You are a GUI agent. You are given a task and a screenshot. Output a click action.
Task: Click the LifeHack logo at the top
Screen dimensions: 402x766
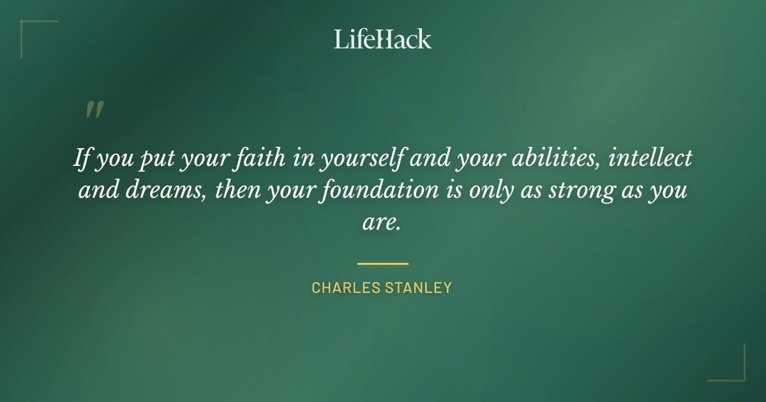[x=382, y=39]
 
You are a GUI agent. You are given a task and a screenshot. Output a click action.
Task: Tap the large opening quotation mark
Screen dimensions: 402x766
[x=94, y=110]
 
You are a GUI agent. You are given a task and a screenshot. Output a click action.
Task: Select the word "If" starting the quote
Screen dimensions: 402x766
[x=82, y=158]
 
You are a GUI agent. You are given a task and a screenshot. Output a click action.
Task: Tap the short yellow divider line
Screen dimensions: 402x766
[x=382, y=263]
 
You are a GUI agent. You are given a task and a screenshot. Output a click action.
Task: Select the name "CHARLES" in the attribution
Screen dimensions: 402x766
[x=345, y=288]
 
